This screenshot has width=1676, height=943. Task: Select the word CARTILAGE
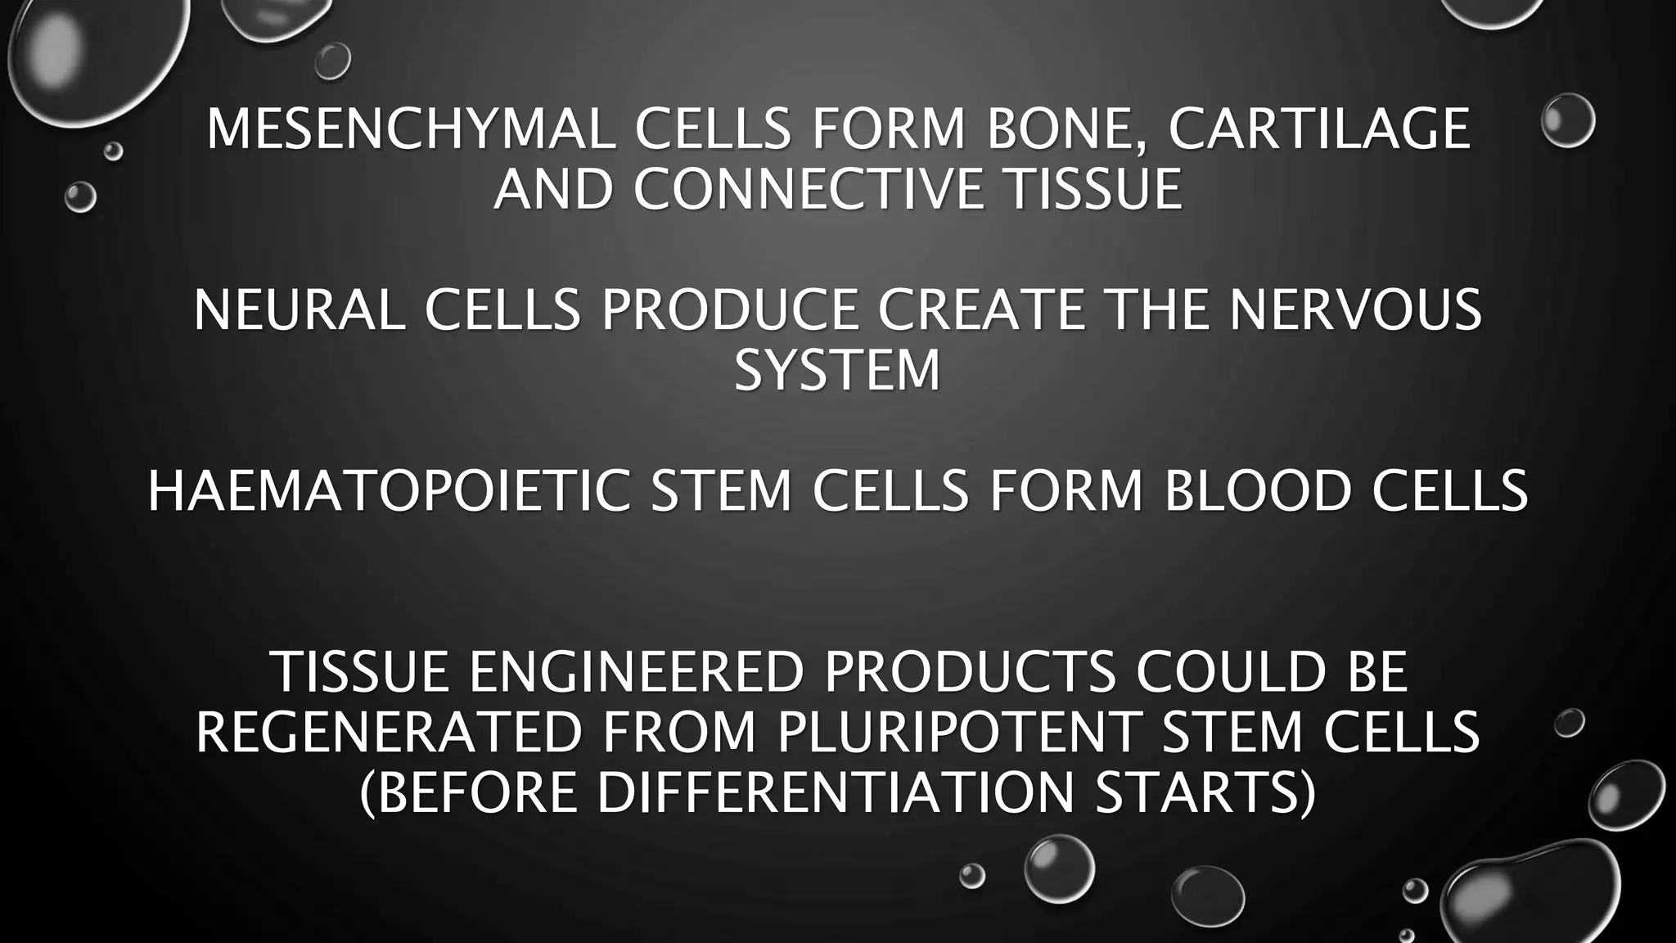[x=1319, y=129]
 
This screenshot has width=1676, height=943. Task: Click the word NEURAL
[x=299, y=310]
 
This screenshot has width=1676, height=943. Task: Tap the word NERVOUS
[x=1355, y=310]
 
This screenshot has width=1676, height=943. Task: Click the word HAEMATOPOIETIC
[x=389, y=491]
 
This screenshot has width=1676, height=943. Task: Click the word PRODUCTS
[x=970, y=672]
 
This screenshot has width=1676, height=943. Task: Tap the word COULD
[x=1230, y=672]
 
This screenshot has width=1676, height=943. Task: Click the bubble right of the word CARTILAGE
[x=1567, y=120]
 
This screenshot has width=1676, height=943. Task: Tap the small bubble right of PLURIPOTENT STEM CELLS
[x=1569, y=723]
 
